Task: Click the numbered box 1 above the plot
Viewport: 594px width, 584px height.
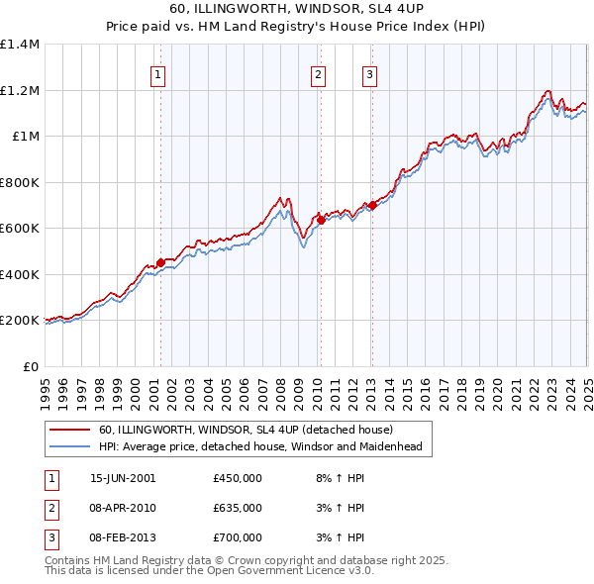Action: pos(158,73)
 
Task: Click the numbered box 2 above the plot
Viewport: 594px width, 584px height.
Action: pos(318,73)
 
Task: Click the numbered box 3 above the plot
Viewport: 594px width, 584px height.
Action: pos(369,73)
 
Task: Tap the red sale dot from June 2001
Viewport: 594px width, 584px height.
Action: pos(160,262)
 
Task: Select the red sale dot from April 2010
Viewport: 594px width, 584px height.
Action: pos(320,221)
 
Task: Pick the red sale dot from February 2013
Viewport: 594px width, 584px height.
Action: pos(372,206)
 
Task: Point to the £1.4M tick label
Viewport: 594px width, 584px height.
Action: pos(20,45)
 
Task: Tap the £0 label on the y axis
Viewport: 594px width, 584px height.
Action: pos(30,366)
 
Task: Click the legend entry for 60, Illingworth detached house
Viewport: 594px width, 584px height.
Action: pos(246,430)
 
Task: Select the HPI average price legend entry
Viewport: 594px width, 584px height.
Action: pos(260,447)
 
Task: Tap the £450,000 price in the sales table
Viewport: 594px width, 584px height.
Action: pos(237,477)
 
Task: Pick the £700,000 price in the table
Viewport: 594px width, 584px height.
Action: pos(237,537)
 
